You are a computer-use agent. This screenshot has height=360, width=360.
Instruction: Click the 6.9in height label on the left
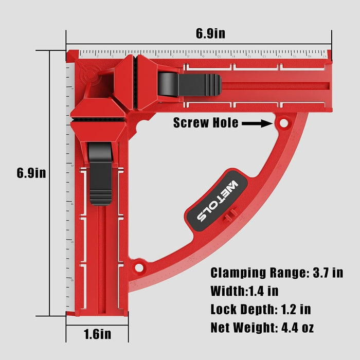31,173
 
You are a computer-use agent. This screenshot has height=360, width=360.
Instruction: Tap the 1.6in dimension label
97,334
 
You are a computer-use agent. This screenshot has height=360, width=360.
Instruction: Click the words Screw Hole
206,123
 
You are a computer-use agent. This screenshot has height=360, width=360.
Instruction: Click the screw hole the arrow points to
282,123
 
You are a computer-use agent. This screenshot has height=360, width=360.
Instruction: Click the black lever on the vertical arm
99,174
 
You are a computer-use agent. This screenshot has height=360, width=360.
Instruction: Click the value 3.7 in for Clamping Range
326,273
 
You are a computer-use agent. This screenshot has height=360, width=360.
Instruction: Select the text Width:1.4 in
244,291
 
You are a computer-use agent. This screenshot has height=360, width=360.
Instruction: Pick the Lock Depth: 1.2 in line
260,309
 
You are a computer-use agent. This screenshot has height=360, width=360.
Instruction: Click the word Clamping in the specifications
240,273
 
